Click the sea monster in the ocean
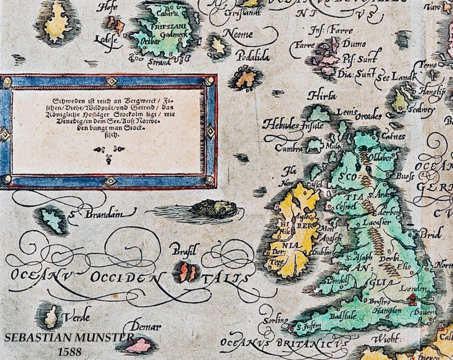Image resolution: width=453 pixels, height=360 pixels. coord(213,209)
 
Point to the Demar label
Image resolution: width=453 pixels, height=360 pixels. coord(145,327)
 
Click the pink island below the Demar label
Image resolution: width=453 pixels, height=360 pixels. coord(138,345)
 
